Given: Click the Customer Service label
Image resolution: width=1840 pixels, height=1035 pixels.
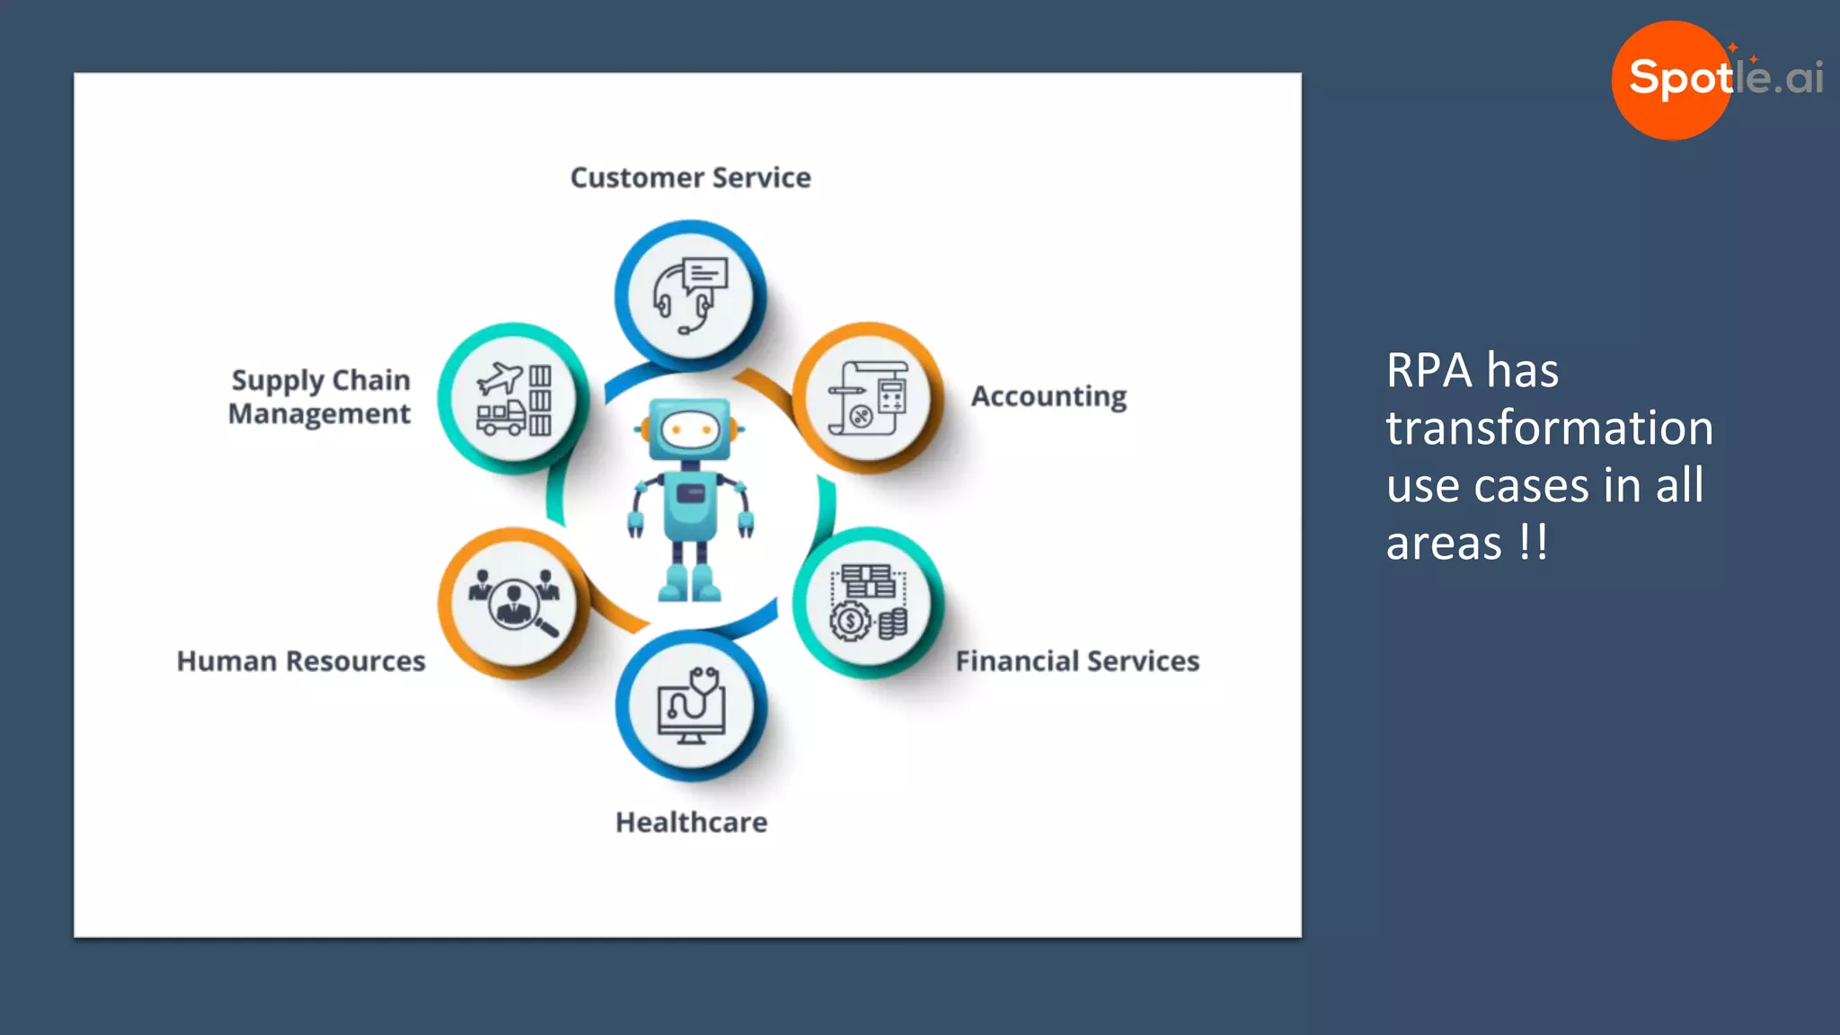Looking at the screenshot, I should tap(690, 178).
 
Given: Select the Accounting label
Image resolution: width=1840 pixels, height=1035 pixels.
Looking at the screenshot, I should tap(1048, 396).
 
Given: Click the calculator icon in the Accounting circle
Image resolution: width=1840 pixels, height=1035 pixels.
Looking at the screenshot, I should tap(890, 396).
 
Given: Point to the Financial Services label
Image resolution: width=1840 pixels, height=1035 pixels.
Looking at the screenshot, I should tap(1076, 661).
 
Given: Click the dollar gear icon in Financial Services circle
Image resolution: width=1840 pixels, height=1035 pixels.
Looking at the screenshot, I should tap(850, 621).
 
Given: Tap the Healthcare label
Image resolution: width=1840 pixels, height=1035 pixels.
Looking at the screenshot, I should tap(691, 822).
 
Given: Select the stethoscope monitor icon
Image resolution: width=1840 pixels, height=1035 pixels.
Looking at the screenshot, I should tap(691, 705).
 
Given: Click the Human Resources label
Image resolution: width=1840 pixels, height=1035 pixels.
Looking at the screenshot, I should tap(301, 661).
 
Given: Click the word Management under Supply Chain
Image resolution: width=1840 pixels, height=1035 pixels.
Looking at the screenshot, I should tap(319, 414).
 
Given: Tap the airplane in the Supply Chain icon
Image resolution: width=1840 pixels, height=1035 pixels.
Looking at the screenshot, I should tap(500, 378).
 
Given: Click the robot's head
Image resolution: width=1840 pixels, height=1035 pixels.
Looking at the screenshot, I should tap(689, 429).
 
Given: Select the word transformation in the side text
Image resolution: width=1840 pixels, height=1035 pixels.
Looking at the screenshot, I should tap(1549, 428).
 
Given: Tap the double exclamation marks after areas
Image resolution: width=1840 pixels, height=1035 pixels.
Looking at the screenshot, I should tap(1533, 543).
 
